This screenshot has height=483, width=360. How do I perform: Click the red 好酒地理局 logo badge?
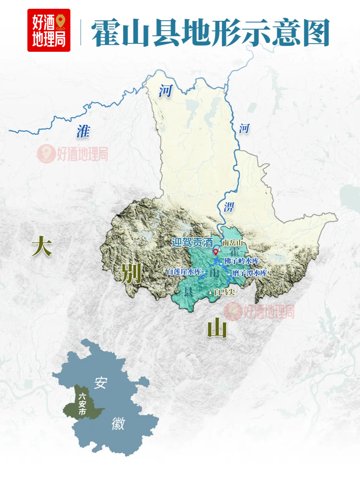[49, 30]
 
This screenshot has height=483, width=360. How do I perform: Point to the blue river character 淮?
[83, 131]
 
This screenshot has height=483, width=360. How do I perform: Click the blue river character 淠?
[229, 207]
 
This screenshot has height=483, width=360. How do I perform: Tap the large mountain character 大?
[42, 246]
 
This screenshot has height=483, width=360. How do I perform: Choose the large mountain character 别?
[131, 273]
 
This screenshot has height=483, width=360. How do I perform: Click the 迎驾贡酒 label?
[192, 242]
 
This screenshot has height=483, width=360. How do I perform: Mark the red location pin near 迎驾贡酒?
[215, 252]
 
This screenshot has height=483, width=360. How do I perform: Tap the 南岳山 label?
[233, 243]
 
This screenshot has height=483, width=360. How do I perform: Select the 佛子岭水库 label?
[242, 261]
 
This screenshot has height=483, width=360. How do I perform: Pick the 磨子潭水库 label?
[249, 273]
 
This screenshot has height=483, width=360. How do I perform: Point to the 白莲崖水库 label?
[184, 272]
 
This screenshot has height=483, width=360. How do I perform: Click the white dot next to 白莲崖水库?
[205, 272]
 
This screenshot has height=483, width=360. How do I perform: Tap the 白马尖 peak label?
[225, 292]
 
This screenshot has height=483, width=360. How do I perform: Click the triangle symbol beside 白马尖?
[211, 292]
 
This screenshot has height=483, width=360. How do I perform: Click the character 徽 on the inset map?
[118, 423]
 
